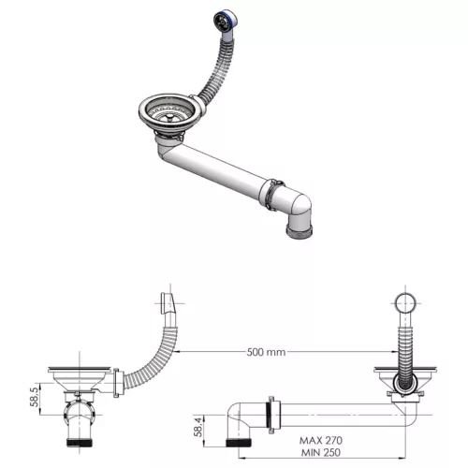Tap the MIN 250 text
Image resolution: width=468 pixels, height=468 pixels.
(323, 452)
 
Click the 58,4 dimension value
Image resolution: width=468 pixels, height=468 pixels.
(197, 426)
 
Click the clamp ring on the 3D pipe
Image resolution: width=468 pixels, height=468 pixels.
(269, 191)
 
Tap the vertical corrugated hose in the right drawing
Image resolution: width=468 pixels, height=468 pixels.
(404, 351)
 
